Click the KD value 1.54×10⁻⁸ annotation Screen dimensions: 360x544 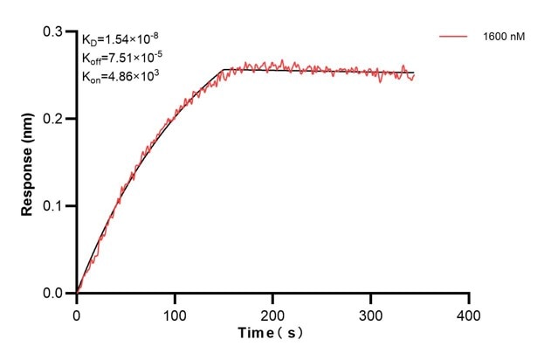pyautogui.click(x=121, y=39)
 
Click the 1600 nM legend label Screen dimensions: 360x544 pyautogui.click(x=504, y=37)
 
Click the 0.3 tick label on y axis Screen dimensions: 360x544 pyautogui.click(x=53, y=31)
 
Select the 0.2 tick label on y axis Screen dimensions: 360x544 pyautogui.click(x=53, y=119)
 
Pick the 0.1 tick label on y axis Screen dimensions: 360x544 pyautogui.click(x=53, y=206)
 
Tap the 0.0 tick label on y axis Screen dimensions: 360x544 pyautogui.click(x=53, y=294)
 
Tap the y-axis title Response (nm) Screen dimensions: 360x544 pyautogui.click(x=28, y=163)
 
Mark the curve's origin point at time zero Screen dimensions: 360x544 pyautogui.click(x=77, y=293)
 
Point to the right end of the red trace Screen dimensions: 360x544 pyautogui.click(x=414, y=75)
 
